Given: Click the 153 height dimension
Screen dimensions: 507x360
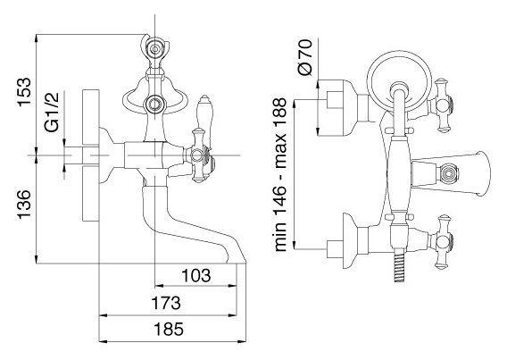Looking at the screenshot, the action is click(25, 92).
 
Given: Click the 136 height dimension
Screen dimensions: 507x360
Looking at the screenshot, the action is click(25, 205).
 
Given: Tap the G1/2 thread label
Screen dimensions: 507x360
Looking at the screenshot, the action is click(52, 112).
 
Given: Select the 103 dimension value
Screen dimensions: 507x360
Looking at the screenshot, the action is click(196, 275).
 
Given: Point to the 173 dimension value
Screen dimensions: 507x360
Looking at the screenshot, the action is click(166, 304).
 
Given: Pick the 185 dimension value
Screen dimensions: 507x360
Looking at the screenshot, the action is click(169, 330).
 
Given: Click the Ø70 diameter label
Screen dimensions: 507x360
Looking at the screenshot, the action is click(305, 57).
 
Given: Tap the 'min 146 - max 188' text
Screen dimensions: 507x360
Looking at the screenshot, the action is click(280, 175).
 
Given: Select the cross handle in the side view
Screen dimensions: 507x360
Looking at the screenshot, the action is click(198, 155).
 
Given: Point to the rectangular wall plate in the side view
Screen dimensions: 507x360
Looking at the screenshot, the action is click(90, 155).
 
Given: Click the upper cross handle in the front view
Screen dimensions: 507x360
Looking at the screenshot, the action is click(441, 105).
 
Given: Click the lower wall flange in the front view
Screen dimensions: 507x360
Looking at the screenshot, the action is click(350, 240).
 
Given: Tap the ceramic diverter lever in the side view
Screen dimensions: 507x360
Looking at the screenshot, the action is click(204, 121).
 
